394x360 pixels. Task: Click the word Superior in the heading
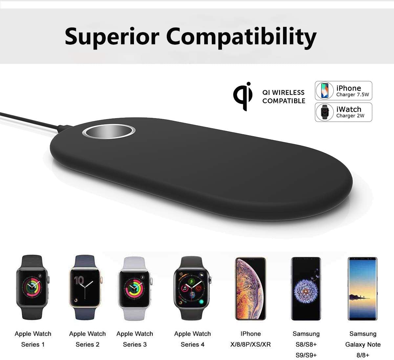[x=112, y=37]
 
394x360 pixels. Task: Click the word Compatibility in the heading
[x=241, y=37]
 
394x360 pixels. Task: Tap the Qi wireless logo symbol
[x=243, y=96]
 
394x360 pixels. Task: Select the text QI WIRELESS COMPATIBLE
[x=284, y=96]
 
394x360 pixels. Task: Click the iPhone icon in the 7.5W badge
[x=325, y=91]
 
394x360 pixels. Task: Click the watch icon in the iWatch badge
[x=325, y=112]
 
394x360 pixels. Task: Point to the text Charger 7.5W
[x=353, y=95]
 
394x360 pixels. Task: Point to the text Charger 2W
[x=350, y=116]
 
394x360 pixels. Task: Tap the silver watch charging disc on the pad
[x=109, y=131]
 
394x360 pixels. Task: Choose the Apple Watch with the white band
[x=135, y=288]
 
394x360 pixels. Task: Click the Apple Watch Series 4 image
[x=192, y=288]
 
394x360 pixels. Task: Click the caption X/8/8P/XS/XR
[x=251, y=344]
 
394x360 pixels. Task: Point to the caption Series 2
[x=87, y=344]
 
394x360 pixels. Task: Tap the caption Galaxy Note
[x=363, y=344]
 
